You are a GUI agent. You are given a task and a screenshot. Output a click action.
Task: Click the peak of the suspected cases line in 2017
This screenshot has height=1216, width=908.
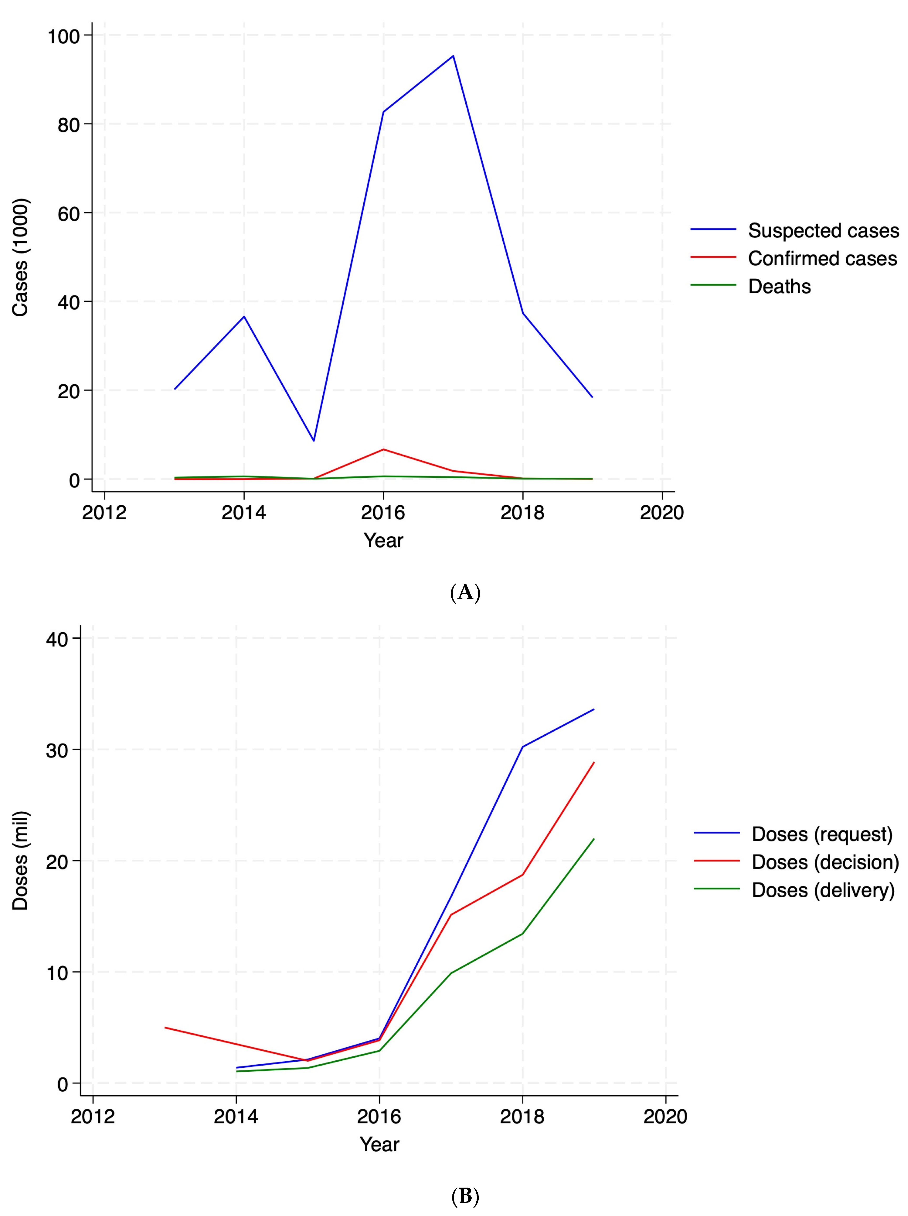[453, 56]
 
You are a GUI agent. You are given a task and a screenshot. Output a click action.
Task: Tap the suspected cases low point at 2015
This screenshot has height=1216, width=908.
[314, 440]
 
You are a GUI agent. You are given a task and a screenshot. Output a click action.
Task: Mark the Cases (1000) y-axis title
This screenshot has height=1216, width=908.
[20, 257]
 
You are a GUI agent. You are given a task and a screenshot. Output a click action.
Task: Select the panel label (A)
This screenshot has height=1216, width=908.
[465, 593]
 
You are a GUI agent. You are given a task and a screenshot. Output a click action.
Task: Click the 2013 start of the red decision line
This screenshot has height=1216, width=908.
[165, 1027]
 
